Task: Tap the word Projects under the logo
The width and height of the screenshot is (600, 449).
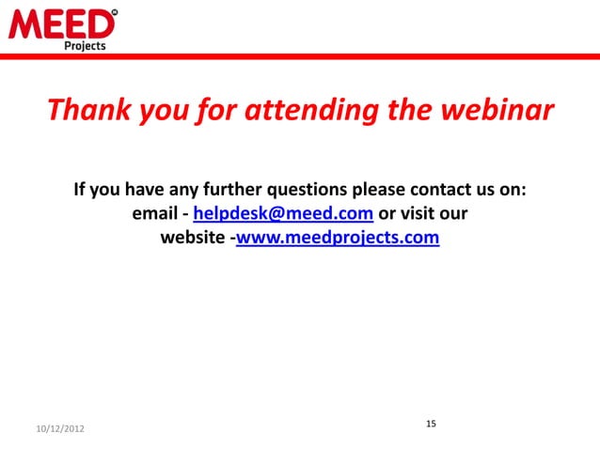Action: [x=85, y=44]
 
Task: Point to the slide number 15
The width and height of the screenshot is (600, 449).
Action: [x=431, y=425]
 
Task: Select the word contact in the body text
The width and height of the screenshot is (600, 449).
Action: [x=436, y=190]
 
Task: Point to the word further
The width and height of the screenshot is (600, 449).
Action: [x=233, y=190]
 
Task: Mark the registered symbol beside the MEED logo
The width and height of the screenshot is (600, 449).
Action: [x=115, y=12]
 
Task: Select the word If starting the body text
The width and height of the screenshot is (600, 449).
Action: [x=80, y=190]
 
